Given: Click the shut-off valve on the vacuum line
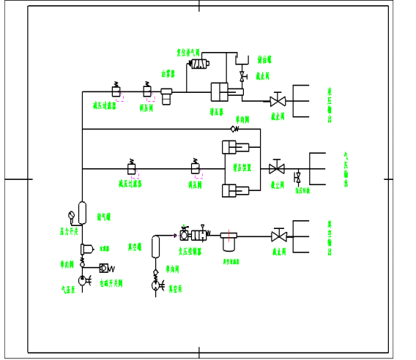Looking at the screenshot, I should pos(278,236).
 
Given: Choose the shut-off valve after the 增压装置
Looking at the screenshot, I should pos(277,168).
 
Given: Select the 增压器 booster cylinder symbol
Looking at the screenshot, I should pos(223,92).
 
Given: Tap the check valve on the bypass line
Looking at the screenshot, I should pos(234,129).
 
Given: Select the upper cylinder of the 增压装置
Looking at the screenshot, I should pos(235,147).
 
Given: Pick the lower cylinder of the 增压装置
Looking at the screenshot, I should pos(235,192).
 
